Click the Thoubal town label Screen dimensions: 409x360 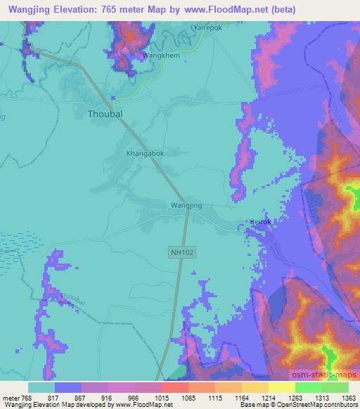coord(104,112)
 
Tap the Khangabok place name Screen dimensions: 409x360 coord(145,152)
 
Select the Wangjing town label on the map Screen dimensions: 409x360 coord(186,205)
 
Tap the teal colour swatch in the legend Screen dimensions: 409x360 coord(41,387)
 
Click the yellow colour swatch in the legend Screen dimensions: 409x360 coord(281,387)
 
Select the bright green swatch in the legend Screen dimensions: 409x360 coord(308,387)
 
